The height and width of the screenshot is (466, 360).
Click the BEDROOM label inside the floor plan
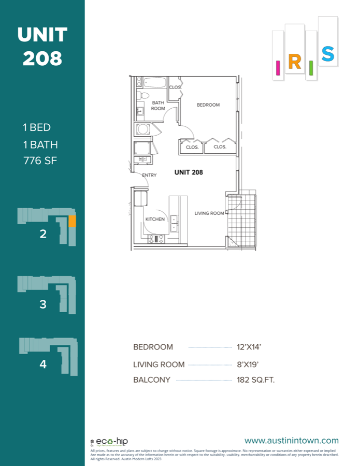(208, 105)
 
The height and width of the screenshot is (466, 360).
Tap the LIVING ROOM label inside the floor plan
(209, 213)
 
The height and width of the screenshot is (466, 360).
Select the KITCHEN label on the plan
(155, 219)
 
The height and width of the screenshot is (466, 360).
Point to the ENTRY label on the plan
(149, 175)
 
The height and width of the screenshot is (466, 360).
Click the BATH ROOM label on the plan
(158, 106)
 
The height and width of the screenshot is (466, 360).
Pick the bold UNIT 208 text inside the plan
(189, 172)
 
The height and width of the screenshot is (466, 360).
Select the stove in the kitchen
(156, 239)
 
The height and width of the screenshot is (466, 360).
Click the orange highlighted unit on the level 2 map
(73, 221)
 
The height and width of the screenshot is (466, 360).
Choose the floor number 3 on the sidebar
(43, 304)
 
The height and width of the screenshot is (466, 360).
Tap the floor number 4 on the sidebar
(43, 364)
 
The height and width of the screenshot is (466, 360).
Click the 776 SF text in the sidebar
(39, 161)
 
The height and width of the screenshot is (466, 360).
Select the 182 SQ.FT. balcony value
(255, 380)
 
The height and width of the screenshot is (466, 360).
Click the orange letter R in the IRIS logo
(294, 62)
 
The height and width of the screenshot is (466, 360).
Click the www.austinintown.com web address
(291, 441)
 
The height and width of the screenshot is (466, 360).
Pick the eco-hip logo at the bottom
(109, 442)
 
